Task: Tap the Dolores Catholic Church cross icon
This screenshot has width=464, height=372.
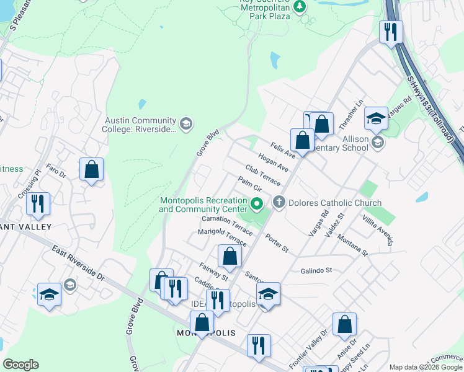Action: click(279, 203)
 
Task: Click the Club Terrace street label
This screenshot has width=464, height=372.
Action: click(262, 175)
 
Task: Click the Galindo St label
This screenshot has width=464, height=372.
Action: click(318, 270)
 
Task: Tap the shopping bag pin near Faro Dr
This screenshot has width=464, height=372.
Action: click(91, 169)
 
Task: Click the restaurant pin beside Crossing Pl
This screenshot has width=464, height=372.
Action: click(38, 204)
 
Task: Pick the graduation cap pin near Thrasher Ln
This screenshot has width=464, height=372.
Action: click(376, 118)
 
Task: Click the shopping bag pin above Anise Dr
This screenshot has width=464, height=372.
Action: click(344, 324)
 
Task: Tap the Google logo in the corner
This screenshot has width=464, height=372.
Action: click(21, 365)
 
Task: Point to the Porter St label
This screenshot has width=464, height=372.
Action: click(277, 242)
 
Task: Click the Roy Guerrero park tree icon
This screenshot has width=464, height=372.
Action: click(300, 7)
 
